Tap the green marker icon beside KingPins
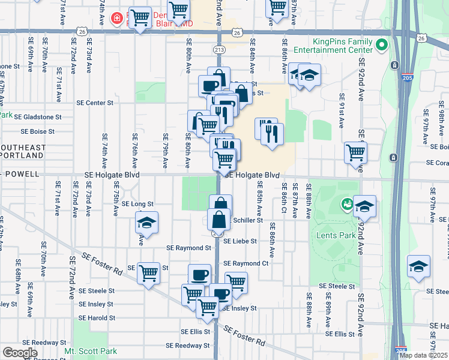(380, 45)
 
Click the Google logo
(19, 353)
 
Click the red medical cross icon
(116, 18)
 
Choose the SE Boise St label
(38, 131)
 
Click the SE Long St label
(137, 204)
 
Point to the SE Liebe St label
(240, 241)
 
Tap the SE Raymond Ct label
(245, 263)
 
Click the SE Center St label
(95, 103)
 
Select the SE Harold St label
(96, 318)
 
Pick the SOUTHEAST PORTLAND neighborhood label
(23, 151)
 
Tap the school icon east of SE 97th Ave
(418, 266)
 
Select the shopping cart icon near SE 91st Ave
(355, 152)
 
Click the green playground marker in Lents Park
(346, 204)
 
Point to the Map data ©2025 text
(423, 355)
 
